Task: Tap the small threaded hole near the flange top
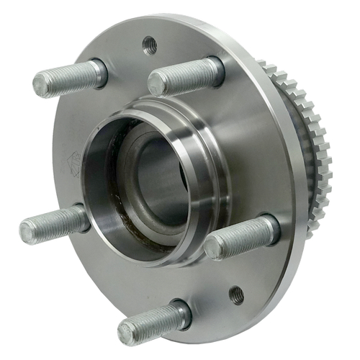pyautogui.click(x=150, y=45)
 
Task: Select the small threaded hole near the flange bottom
pyautogui.click(x=236, y=294)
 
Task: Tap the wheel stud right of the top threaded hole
pyautogui.click(x=186, y=76)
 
